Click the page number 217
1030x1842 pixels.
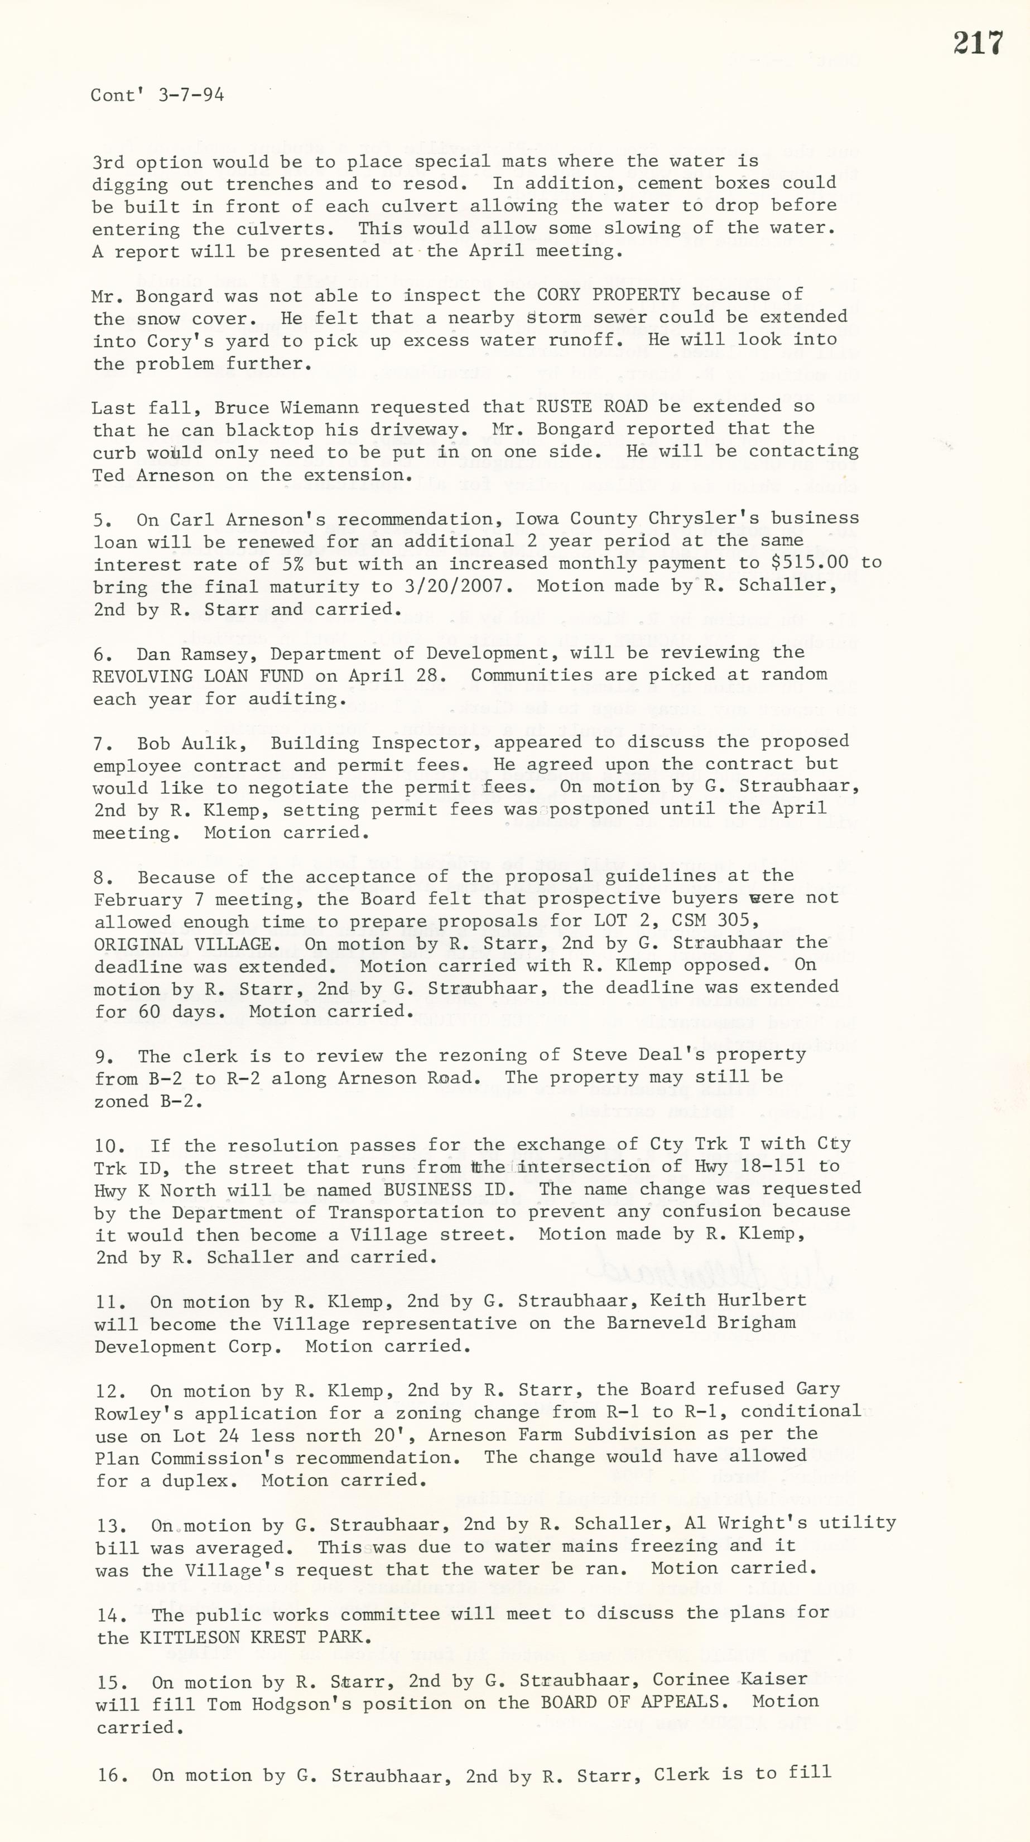[978, 43]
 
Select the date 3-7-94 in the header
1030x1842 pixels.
[191, 95]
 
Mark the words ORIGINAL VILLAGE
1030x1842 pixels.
[182, 944]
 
